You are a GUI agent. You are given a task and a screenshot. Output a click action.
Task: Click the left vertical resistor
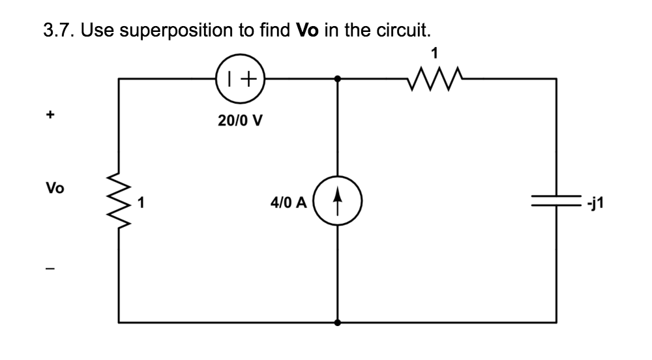119,203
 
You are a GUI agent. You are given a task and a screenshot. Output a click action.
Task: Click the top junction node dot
337,79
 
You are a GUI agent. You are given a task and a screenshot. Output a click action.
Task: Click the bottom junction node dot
337,322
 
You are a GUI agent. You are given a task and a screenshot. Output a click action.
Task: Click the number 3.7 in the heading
59,30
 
